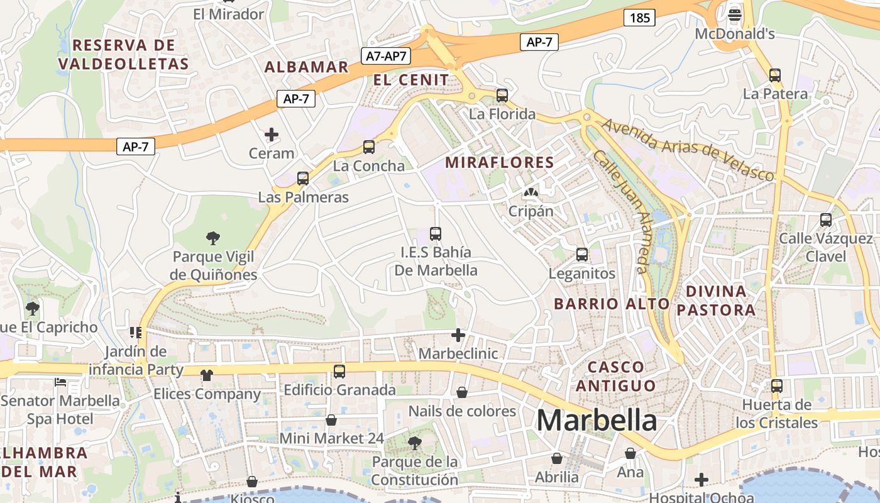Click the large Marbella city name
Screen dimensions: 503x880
pos(597,421)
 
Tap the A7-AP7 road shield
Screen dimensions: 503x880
pos(387,56)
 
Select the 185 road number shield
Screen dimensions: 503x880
pos(639,18)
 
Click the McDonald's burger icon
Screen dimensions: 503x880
pos(735,14)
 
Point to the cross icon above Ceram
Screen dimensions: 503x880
pos(272,135)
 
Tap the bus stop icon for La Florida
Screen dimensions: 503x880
pos(502,96)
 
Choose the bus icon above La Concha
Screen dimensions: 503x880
pos(369,147)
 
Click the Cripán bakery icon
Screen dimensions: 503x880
pos(531,192)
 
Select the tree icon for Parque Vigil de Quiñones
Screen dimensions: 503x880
pos(213,238)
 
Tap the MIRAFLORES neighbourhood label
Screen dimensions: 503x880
pos(500,162)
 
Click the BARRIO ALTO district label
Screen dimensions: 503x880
pos(612,304)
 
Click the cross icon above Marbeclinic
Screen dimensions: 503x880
pos(458,335)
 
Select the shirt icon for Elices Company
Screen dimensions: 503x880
pos(207,375)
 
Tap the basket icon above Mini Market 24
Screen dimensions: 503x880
pos(331,420)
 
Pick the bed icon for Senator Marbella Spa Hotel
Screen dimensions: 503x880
pos(60,382)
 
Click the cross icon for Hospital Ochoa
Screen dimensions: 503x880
pos(701,480)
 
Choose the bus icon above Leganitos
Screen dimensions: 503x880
pos(582,255)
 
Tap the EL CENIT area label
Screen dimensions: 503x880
pos(411,80)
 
